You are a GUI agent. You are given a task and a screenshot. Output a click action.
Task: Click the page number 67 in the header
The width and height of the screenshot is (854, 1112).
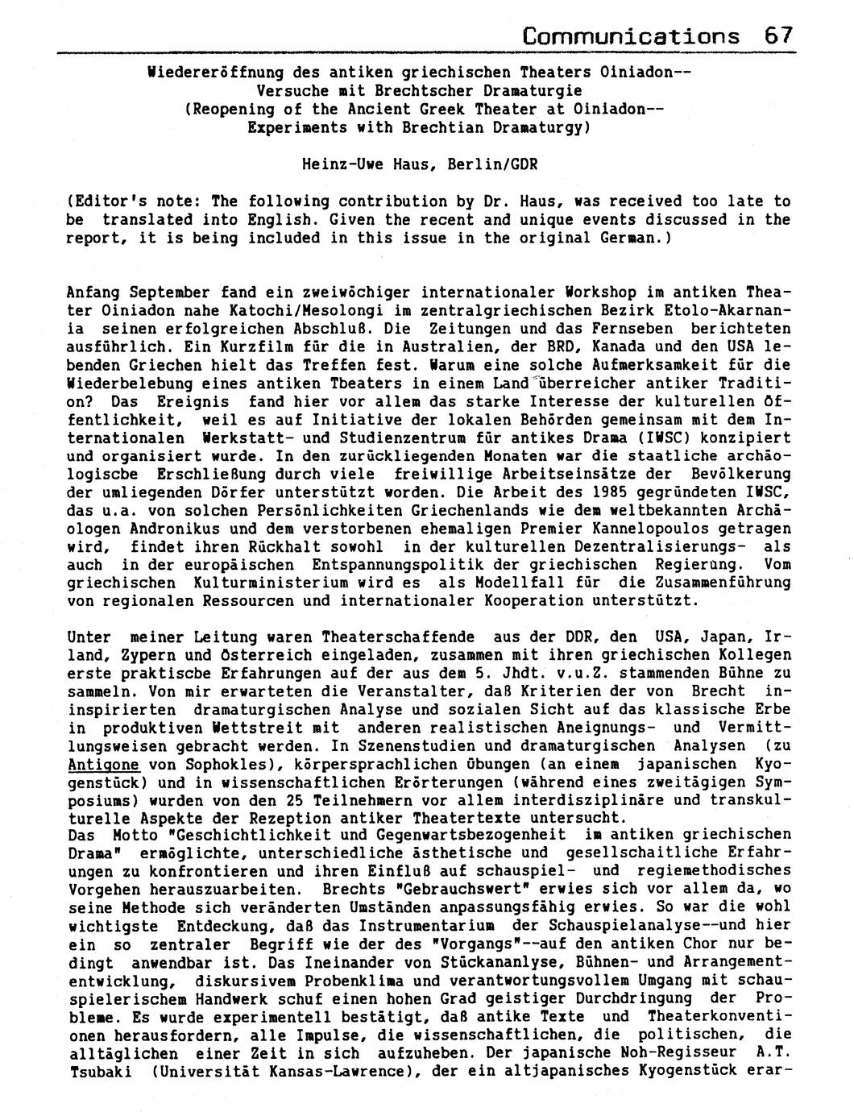(779, 35)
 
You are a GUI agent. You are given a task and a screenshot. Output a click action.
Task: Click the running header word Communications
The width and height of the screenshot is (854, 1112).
(631, 35)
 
